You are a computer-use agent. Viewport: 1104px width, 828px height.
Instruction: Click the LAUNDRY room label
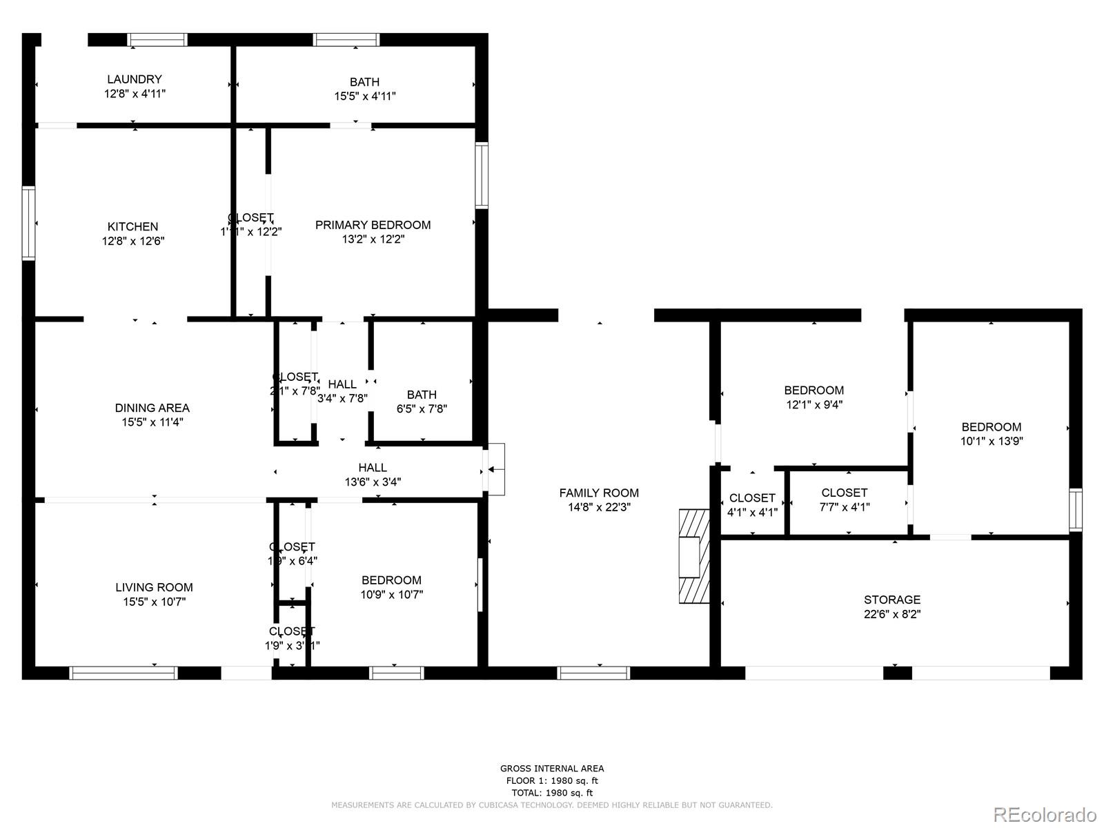pyautogui.click(x=134, y=79)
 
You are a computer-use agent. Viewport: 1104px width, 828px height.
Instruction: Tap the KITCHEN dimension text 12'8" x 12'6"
pyautogui.click(x=133, y=241)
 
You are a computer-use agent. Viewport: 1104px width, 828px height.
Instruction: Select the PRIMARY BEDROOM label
pyautogui.click(x=373, y=225)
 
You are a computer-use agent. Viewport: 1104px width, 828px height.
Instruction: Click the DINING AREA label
pyautogui.click(x=152, y=408)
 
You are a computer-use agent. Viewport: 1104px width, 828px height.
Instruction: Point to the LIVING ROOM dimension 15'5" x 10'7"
pyautogui.click(x=154, y=602)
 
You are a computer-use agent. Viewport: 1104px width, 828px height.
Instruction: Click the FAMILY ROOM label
pyautogui.click(x=598, y=493)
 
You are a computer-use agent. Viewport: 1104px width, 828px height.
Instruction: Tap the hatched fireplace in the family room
pyautogui.click(x=693, y=557)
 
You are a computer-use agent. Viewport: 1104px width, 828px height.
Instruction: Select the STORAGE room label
pyautogui.click(x=891, y=600)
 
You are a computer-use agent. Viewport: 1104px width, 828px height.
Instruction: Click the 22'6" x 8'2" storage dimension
pyautogui.click(x=891, y=614)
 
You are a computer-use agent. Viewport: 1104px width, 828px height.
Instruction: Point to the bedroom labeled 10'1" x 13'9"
pyautogui.click(x=991, y=434)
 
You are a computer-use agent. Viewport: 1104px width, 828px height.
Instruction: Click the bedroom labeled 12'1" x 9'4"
pyautogui.click(x=814, y=397)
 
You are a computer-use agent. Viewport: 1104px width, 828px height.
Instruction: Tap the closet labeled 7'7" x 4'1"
pyautogui.click(x=844, y=500)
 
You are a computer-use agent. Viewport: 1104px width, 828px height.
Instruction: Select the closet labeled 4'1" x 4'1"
pyautogui.click(x=751, y=504)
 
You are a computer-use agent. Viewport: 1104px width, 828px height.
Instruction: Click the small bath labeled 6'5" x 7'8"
pyautogui.click(x=421, y=401)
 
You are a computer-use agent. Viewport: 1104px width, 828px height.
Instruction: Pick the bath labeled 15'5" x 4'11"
pyautogui.click(x=364, y=89)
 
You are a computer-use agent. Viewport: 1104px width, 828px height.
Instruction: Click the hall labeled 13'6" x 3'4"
pyautogui.click(x=373, y=475)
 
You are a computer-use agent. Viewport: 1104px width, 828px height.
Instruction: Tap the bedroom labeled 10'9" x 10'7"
pyautogui.click(x=391, y=587)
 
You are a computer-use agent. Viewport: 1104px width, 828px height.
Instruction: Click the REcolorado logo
pyautogui.click(x=1045, y=814)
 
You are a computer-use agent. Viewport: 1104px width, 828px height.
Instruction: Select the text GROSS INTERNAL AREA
pyautogui.click(x=551, y=768)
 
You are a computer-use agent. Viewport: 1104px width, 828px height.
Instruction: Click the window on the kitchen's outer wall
pyautogui.click(x=28, y=223)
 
